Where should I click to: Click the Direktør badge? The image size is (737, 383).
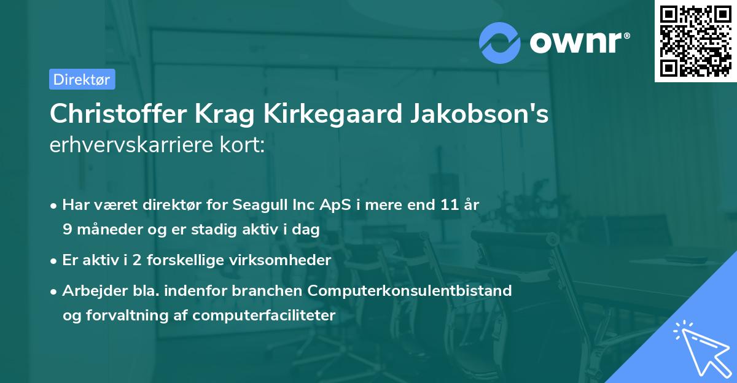(82, 79)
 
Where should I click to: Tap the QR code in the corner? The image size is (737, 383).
(695, 41)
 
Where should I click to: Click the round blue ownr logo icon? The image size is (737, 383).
(499, 42)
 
